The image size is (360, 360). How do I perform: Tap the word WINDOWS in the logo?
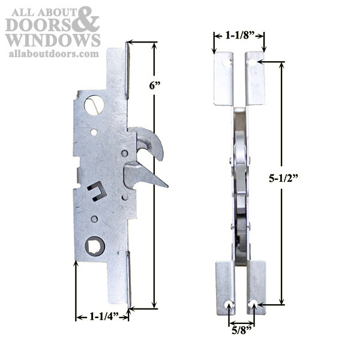53,40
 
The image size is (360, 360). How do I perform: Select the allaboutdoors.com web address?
53,54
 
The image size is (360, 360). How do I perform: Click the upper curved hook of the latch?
150,142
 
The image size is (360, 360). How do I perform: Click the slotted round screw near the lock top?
94,106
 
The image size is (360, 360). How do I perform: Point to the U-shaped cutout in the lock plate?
97,192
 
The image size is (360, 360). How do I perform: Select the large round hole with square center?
95,244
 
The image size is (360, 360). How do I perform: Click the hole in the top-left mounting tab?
226,61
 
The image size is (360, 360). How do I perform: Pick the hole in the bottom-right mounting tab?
254,304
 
